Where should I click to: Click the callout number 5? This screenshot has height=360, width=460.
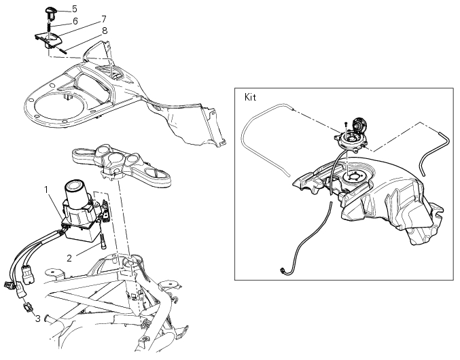pos(75,9)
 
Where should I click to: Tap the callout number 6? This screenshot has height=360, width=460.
pos(75,22)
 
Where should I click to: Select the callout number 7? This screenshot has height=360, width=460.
pos(103,19)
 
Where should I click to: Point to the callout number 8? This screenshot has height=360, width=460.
pos(105,31)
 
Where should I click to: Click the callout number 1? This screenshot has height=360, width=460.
pos(46,190)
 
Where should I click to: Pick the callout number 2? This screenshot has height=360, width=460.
pos(69,258)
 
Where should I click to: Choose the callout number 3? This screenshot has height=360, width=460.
pos(38,319)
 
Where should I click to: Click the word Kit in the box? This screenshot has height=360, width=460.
pos(250,97)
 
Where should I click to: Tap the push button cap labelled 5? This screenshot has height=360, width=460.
pos(50,14)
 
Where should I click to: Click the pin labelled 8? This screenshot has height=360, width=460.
pos(63,50)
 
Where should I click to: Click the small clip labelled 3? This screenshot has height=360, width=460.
pos(29,308)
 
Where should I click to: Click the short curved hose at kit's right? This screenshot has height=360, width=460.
pos(434,152)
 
